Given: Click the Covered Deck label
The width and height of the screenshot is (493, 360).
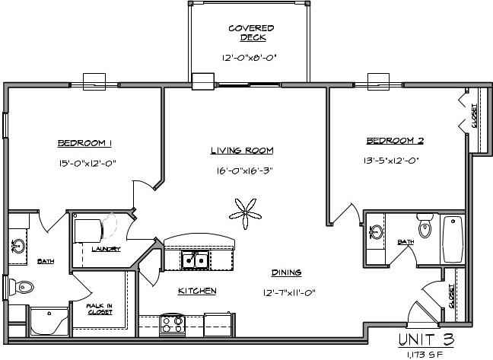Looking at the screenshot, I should [250, 33].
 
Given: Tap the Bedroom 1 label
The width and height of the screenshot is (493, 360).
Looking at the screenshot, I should [85, 143].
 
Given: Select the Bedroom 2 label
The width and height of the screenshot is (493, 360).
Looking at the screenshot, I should [395, 141].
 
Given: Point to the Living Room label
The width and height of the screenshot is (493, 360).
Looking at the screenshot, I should [242, 151].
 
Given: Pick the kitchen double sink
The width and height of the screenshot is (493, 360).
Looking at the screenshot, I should [196, 260].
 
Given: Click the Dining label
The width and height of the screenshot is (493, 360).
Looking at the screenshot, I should [286, 272].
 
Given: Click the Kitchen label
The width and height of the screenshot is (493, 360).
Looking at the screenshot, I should [198, 292].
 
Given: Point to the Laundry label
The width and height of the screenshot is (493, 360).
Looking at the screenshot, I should [106, 249].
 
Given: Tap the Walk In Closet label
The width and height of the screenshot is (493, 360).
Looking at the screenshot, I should [100, 309].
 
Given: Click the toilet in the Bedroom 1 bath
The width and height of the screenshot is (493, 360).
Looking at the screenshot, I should [23, 288].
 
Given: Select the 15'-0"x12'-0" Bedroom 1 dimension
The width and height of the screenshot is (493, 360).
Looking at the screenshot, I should [86, 163].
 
